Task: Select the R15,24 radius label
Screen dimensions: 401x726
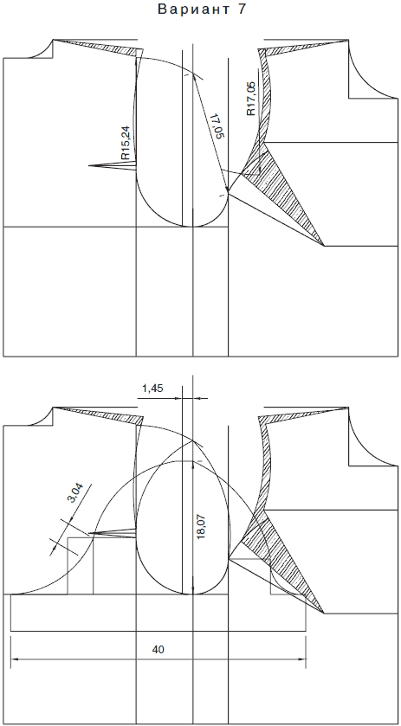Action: pos(126,143)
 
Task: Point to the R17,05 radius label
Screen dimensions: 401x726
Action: pos(251,99)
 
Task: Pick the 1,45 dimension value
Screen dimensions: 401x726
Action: pos(152,389)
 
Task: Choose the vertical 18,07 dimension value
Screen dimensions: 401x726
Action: pos(202,527)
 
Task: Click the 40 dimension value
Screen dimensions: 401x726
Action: pos(158,650)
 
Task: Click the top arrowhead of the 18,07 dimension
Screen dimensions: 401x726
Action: pos(192,465)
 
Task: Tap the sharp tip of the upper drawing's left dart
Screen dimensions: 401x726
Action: pos(88,165)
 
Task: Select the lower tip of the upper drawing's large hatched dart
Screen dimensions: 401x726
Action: pos(324,246)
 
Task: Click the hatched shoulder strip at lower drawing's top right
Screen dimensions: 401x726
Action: pos(301,414)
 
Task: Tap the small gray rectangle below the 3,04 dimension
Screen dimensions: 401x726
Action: pos(81,565)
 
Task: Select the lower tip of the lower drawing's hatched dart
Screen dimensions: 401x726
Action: pos(324,614)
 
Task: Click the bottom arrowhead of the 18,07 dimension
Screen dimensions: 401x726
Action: pos(192,590)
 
